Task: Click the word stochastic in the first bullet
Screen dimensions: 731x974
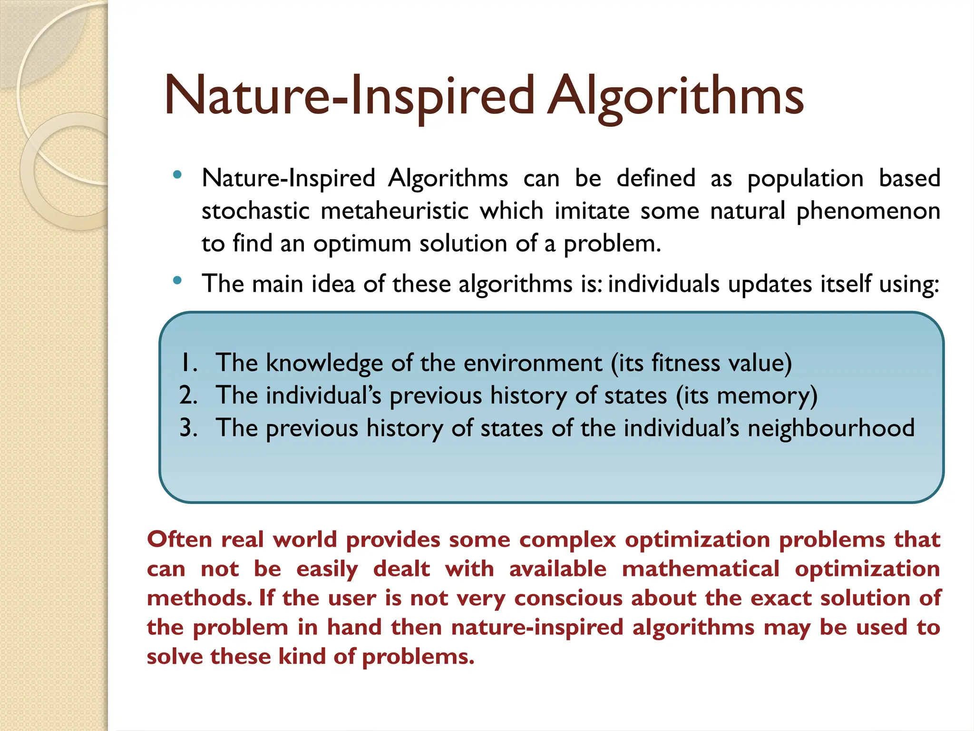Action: (255, 211)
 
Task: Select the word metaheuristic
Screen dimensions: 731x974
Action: (395, 211)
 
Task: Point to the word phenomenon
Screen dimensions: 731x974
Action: (868, 211)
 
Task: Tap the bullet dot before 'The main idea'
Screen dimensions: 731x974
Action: (177, 281)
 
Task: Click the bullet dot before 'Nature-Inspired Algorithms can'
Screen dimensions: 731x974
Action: (177, 175)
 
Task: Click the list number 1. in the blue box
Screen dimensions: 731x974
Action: (189, 363)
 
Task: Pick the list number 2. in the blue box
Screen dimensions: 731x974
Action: (188, 395)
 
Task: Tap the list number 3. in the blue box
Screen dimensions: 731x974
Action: (188, 428)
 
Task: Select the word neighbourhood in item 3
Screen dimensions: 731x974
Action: (831, 428)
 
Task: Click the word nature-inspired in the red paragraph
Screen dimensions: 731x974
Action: (537, 628)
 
